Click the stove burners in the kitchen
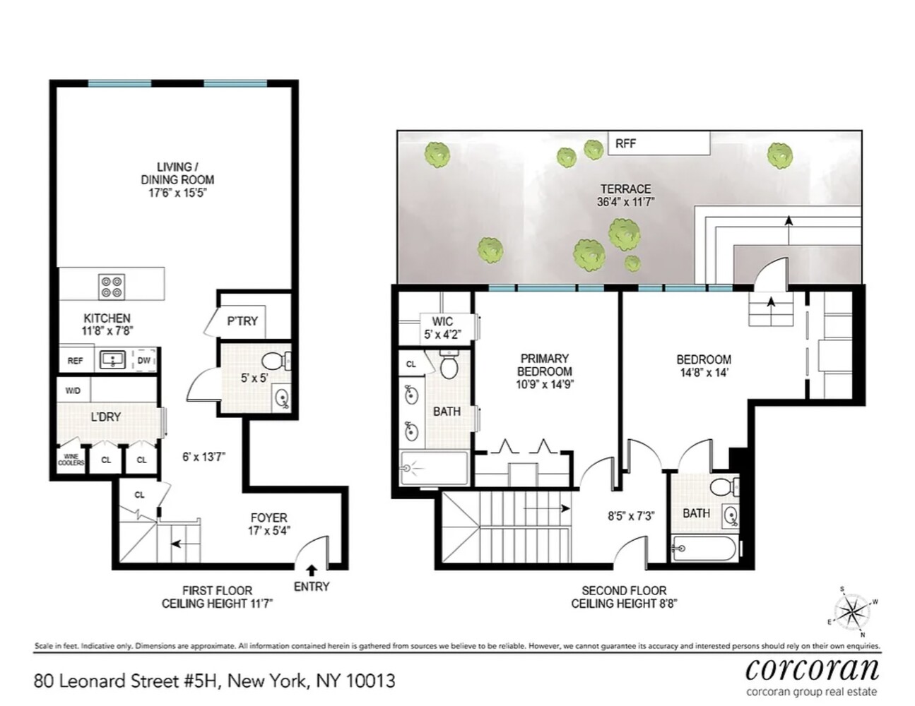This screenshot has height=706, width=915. pyautogui.click(x=112, y=285)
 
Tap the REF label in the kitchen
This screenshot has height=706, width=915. pyautogui.click(x=75, y=361)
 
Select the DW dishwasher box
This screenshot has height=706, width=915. pyautogui.click(x=144, y=361)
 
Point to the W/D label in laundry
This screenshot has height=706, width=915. pyautogui.click(x=73, y=390)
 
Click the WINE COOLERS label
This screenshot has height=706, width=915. pyautogui.click(x=71, y=460)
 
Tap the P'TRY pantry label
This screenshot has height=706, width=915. pyautogui.click(x=242, y=321)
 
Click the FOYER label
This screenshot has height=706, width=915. pyautogui.click(x=268, y=517)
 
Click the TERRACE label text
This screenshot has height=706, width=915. pyautogui.click(x=625, y=189)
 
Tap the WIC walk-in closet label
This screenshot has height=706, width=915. pyautogui.click(x=442, y=322)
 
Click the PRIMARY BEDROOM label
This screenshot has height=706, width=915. pyautogui.click(x=544, y=365)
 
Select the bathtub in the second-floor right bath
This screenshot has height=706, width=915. pyautogui.click(x=704, y=549)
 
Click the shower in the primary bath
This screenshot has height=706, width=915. pyautogui.click(x=433, y=468)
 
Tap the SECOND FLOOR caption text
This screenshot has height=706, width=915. pyautogui.click(x=624, y=590)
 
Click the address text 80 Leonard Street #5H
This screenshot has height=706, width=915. pyautogui.click(x=128, y=681)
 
